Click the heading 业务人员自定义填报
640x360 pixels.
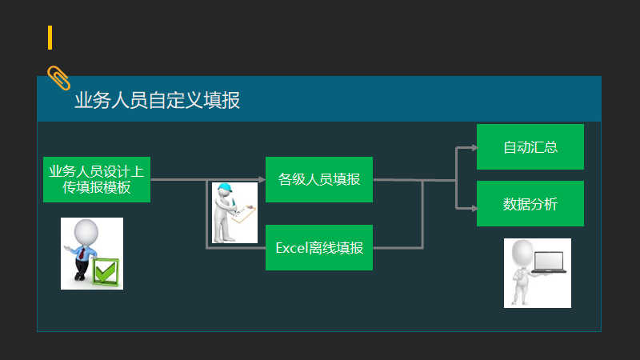[x=157, y=100]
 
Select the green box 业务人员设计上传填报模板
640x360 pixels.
[x=96, y=179]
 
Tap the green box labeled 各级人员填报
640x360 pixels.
[x=319, y=179]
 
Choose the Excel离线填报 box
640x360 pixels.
[x=319, y=248]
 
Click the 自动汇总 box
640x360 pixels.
[x=530, y=147]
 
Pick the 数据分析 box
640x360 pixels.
[x=530, y=204]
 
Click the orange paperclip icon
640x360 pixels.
[x=58, y=78]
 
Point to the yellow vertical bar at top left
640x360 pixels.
[x=50, y=38]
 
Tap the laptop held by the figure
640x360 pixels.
[x=547, y=262]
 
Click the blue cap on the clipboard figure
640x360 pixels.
[x=226, y=190]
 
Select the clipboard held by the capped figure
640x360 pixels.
[x=246, y=213]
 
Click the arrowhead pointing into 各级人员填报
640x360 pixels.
[x=262, y=180]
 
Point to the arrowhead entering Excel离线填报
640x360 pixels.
[x=262, y=248]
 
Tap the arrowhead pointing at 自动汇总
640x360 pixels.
[x=473, y=147]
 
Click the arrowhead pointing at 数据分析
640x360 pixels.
[x=473, y=208]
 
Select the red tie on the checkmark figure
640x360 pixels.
[x=82, y=253]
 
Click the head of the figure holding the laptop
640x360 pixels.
[x=522, y=254]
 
